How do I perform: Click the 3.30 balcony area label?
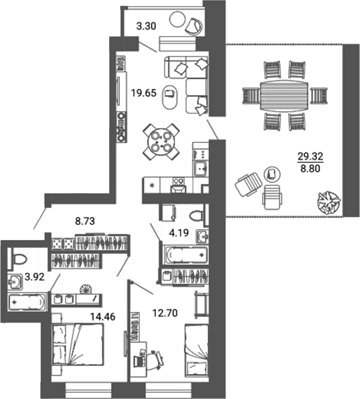pyautogui.click(x=144, y=27)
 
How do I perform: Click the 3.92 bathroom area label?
pyautogui.click(x=34, y=276)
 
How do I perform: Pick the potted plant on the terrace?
pyautogui.click(x=328, y=203)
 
